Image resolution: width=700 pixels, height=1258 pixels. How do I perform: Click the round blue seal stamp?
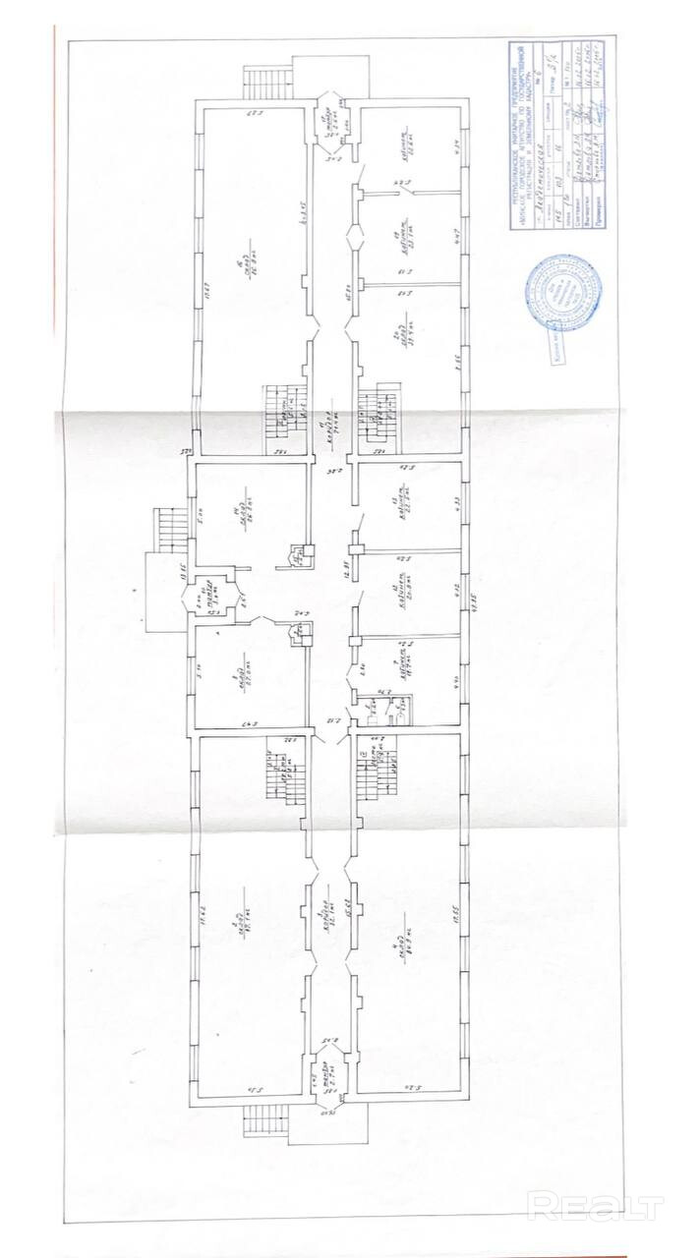tap(564, 293)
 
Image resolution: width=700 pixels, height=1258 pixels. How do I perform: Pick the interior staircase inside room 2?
tap(285, 772)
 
